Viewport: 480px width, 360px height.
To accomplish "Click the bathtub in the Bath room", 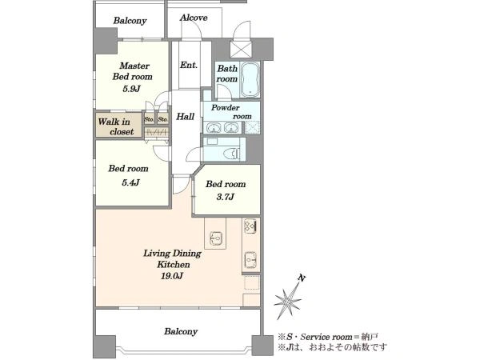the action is (x=250, y=79).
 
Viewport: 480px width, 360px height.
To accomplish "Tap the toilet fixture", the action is (x=232, y=153).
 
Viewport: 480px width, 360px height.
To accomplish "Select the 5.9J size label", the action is (x=131, y=89).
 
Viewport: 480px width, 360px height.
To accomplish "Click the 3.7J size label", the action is (x=226, y=197).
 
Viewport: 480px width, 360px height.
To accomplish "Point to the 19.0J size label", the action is (x=172, y=276).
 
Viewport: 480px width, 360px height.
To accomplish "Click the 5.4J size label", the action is (x=130, y=182).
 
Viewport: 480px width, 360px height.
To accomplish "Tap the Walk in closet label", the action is (x=116, y=126).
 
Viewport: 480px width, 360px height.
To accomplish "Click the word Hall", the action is (x=186, y=116).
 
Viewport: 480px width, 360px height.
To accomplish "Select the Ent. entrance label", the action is (x=189, y=65).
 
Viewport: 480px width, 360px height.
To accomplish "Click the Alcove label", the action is (x=194, y=18).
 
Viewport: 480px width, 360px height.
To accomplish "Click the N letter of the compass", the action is (x=302, y=278).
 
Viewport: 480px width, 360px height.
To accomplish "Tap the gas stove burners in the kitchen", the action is (x=250, y=226).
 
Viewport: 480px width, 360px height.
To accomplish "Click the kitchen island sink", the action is (x=216, y=238).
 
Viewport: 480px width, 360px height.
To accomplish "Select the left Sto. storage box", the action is (x=149, y=118).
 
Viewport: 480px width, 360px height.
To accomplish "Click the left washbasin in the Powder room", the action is (x=213, y=128).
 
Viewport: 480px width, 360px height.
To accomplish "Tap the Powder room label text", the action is (x=231, y=112).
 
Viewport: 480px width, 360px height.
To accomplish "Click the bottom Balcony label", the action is (x=181, y=331).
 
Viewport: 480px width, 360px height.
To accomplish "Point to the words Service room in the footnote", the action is (x=326, y=337).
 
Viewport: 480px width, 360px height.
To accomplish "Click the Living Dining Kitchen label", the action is (x=172, y=258).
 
